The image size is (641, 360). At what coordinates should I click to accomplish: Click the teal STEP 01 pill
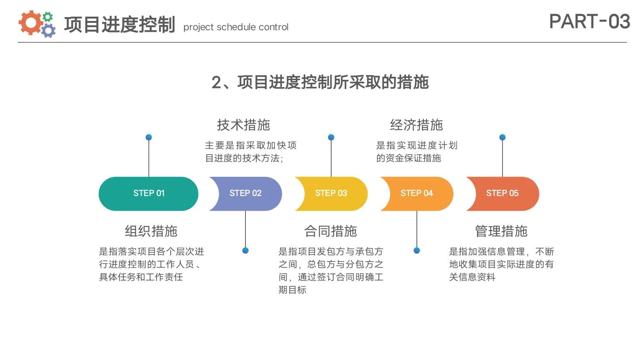click(149, 193)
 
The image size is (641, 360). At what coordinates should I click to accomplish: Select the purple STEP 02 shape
click(246, 193)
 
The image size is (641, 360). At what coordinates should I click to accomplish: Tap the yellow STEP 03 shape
click(332, 193)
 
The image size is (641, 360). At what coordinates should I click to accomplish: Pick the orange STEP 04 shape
click(417, 193)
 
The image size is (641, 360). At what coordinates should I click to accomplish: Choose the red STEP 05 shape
click(503, 193)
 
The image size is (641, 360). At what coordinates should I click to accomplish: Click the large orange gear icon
click(30, 22)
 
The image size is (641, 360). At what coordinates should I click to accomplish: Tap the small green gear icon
click(48, 17)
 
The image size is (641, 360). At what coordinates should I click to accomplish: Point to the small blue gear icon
click(48, 30)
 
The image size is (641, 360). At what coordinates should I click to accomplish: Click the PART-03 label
click(589, 21)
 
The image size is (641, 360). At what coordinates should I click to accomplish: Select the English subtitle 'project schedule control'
click(236, 27)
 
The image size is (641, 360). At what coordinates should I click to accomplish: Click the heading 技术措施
click(244, 125)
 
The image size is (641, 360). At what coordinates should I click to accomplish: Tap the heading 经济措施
click(416, 125)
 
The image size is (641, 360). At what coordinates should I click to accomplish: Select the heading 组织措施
click(151, 231)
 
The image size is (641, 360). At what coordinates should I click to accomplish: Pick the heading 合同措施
click(331, 231)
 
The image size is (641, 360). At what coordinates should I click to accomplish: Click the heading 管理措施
click(501, 231)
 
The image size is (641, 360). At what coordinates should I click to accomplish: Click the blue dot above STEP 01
click(149, 137)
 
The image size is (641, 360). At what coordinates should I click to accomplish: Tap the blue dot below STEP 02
click(245, 250)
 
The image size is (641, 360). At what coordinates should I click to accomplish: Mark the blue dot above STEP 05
click(503, 137)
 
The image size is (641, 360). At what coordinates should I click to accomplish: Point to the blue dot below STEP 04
click(417, 250)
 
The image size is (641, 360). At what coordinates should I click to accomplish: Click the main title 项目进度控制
click(119, 24)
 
